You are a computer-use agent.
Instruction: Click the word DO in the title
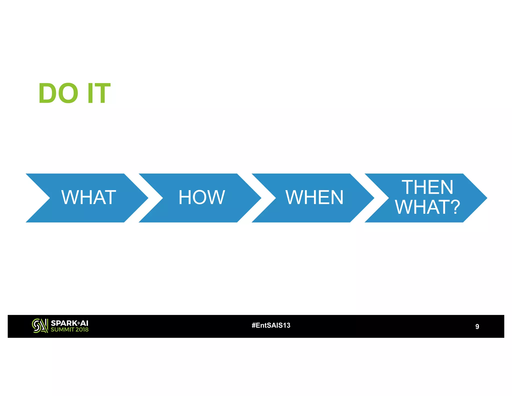click(58, 93)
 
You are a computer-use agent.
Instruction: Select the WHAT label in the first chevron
click(89, 197)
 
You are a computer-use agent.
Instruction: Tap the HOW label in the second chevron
click(201, 197)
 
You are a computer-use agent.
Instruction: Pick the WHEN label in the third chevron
click(314, 197)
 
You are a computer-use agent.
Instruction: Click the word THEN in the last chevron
click(427, 187)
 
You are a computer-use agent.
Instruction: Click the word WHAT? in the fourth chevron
click(427, 207)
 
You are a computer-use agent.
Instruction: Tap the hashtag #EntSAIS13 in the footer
click(271, 325)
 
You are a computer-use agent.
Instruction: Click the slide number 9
click(477, 326)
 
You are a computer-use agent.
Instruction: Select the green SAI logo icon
click(40, 326)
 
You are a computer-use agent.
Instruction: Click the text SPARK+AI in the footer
click(69, 323)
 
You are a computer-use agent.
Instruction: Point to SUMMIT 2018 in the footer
click(69, 330)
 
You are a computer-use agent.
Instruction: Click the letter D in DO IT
click(47, 93)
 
